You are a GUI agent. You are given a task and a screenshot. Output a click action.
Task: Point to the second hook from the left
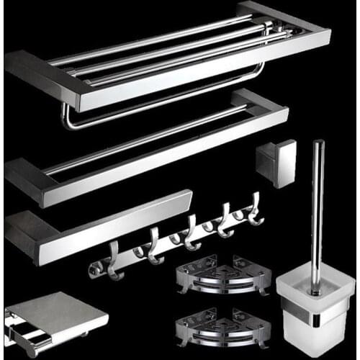pos(153,248)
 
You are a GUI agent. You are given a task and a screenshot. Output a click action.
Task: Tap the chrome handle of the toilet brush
pos(317,209)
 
